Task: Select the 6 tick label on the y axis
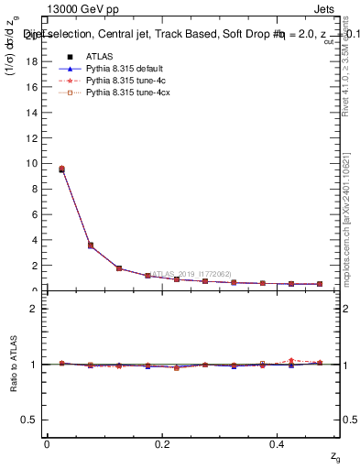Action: (37, 214)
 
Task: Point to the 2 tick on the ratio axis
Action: (37, 309)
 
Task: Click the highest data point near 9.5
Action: (61, 169)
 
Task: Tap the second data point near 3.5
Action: (90, 245)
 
